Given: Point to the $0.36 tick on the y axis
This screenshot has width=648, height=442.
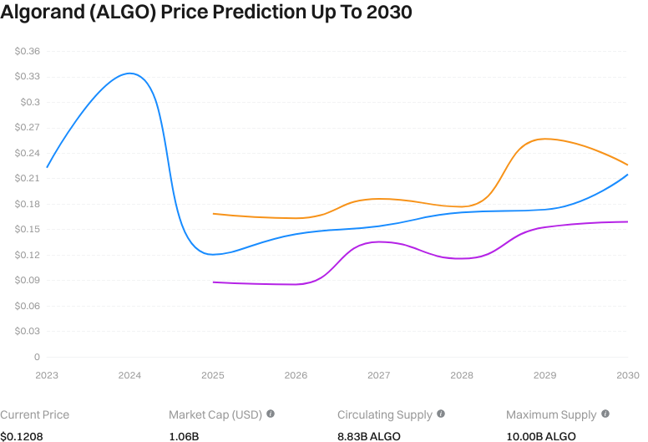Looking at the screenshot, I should click(28, 51).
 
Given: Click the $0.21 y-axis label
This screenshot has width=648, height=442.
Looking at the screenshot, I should click(28, 178).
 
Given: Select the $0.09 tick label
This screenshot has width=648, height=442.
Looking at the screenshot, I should click(28, 280).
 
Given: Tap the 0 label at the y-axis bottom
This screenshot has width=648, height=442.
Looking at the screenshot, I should click(36, 357).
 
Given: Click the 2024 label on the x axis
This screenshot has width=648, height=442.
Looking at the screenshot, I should click(129, 376).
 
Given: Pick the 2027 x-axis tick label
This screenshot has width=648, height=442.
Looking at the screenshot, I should click(378, 376).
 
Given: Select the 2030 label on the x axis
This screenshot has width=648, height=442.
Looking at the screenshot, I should click(627, 376).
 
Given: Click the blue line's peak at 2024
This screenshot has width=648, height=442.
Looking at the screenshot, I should click(129, 74).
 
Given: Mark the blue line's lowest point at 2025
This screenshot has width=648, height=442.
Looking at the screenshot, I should click(213, 254).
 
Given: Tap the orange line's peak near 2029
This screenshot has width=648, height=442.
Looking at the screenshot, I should click(544, 139).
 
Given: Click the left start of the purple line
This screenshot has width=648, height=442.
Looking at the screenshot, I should click(214, 282).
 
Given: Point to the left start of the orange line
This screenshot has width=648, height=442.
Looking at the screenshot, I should click(214, 214).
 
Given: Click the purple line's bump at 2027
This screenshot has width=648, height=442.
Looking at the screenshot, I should click(378, 241).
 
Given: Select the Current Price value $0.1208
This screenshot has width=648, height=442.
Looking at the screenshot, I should click(22, 436).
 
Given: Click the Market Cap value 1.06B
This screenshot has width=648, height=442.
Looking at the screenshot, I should click(184, 436).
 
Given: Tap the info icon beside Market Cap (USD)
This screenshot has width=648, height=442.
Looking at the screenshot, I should click(271, 414).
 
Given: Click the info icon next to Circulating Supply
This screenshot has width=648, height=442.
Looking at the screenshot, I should click(441, 414).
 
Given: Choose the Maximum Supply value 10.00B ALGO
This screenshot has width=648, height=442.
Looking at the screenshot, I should click(541, 436).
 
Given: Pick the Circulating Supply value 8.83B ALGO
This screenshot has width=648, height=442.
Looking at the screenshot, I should click(369, 436).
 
